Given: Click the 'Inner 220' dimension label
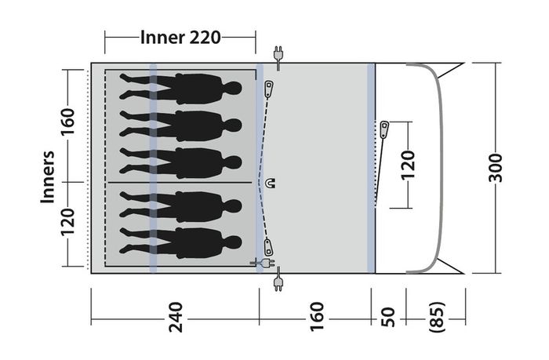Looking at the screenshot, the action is click(x=180, y=38).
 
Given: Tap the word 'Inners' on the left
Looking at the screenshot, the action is click(x=48, y=176).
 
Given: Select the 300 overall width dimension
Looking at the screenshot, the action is click(x=495, y=167).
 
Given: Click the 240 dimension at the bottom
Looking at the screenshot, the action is click(x=176, y=317).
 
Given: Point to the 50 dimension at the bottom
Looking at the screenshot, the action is click(x=387, y=318).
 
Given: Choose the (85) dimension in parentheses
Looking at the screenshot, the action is click(x=437, y=317).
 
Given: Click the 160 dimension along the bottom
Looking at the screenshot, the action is click(x=317, y=316).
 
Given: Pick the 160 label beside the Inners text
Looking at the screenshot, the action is click(x=68, y=122).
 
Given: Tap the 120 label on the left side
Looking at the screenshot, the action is click(x=68, y=222).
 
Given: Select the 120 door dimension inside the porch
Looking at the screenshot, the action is click(x=407, y=165).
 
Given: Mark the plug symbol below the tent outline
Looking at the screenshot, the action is click(x=278, y=279).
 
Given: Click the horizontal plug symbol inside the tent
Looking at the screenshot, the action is click(x=262, y=262).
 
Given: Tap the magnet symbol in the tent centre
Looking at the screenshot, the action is click(x=271, y=183).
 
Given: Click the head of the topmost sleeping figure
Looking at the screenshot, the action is click(x=233, y=88).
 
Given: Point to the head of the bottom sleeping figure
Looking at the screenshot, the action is click(x=233, y=242).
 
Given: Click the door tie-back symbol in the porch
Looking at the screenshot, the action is click(x=384, y=129).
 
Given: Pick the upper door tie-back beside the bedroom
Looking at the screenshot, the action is click(x=269, y=89).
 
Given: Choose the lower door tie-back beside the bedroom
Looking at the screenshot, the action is click(x=268, y=247).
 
